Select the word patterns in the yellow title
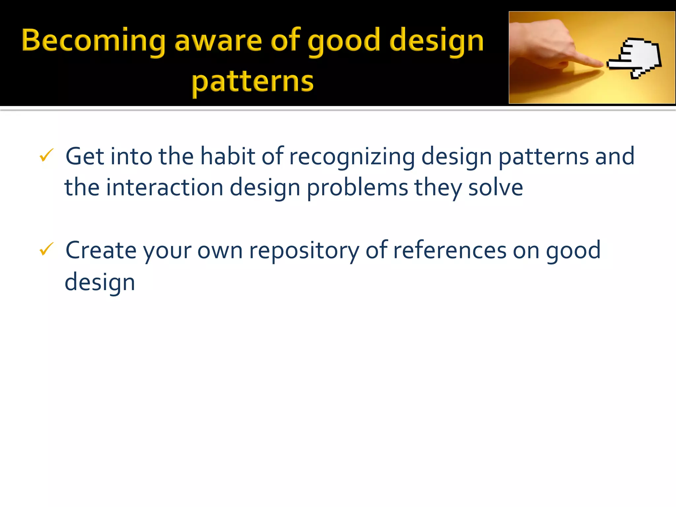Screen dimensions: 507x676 click(253, 83)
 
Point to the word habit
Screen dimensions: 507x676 click(228, 156)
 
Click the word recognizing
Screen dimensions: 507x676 click(352, 156)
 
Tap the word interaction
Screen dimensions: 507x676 click(165, 187)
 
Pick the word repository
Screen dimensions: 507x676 click(304, 251)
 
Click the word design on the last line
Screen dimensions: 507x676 click(100, 283)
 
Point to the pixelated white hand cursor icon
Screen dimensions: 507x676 click(635, 58)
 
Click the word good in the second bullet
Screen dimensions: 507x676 click(573, 251)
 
